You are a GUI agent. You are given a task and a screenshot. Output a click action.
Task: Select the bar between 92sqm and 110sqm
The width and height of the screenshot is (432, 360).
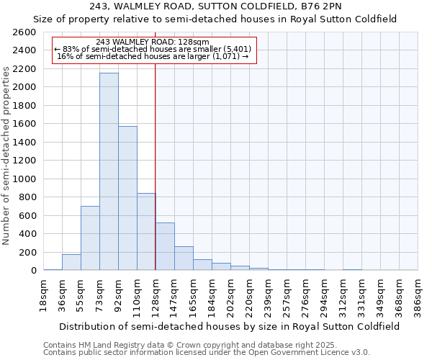coord(127,198)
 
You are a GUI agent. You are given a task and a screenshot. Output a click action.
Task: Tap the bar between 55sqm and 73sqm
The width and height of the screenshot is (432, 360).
coord(90,238)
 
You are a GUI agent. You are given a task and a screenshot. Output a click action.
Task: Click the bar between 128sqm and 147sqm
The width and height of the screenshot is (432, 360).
coord(165,246)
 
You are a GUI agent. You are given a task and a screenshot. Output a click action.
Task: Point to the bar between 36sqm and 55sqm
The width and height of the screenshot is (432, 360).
coord(71,262)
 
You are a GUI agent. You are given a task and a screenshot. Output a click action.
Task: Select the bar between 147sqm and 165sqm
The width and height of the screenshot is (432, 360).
coord(184,258)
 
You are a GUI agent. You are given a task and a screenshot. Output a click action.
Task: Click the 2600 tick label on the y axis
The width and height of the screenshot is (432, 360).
coord(24,32)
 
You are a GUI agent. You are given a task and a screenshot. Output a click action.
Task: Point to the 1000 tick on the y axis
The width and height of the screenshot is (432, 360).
coord(24,179)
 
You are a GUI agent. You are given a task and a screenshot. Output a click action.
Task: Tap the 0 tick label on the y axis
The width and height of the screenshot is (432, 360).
coord(33,270)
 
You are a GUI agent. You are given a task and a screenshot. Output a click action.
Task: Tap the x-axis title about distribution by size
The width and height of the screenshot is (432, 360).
coord(230,326)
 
